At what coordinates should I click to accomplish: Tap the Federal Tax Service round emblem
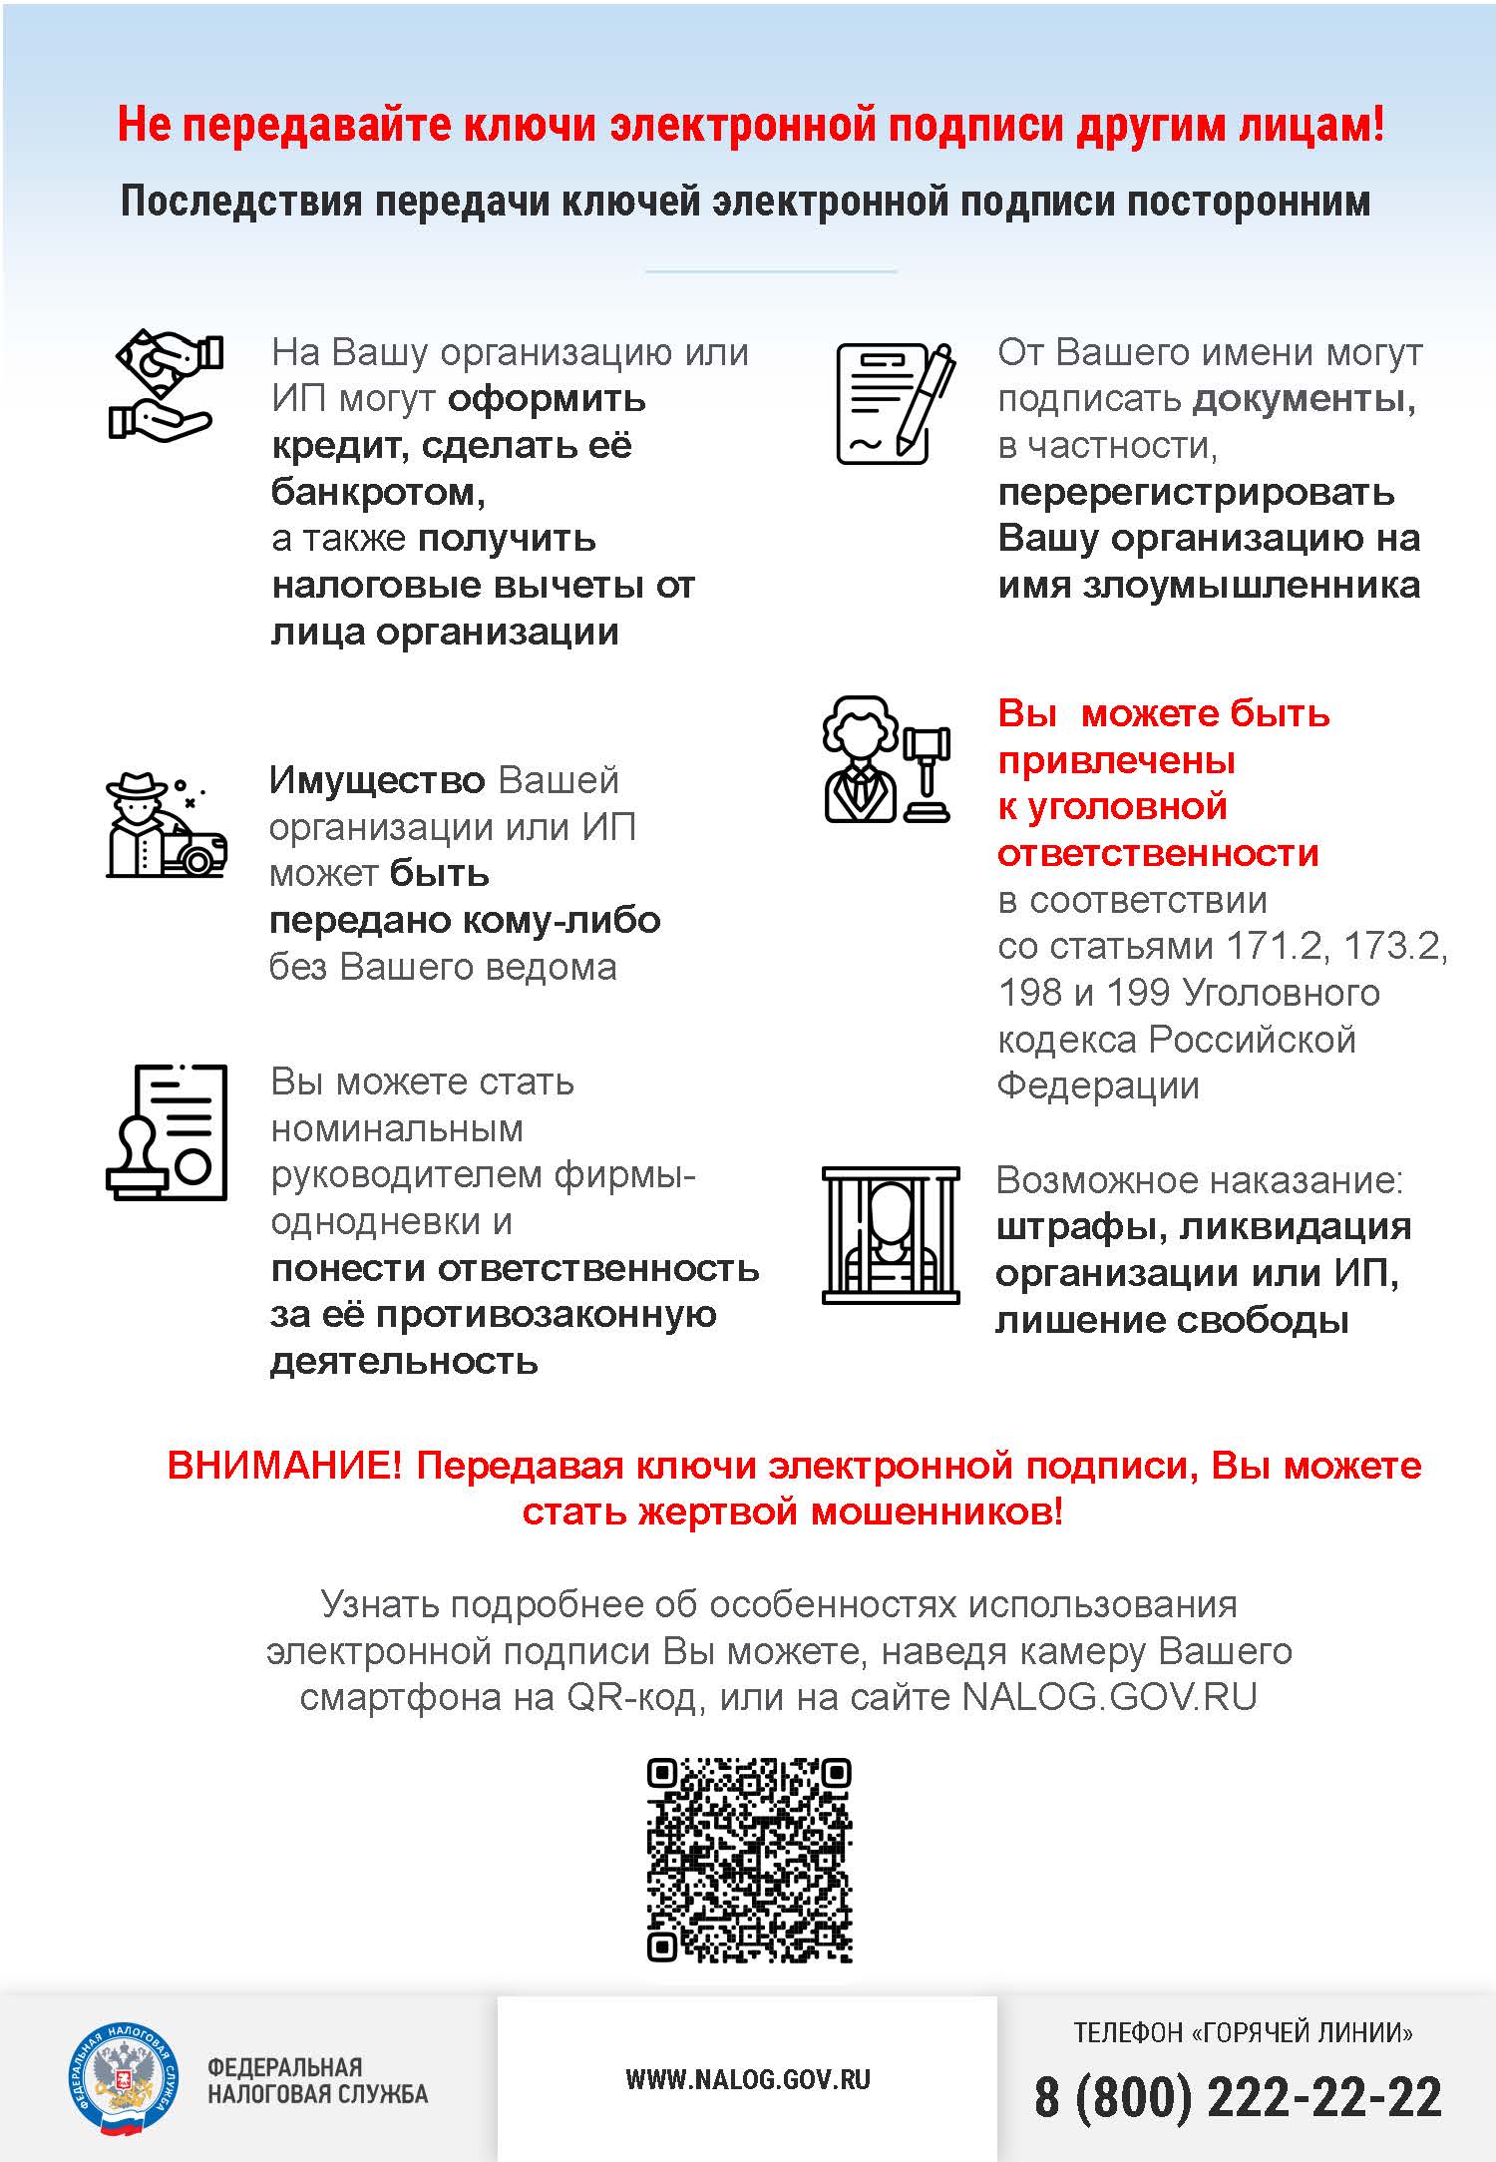123,2079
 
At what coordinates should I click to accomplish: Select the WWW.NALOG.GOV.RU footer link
748,2079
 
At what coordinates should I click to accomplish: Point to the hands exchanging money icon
164,385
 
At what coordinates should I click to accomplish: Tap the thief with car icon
166,825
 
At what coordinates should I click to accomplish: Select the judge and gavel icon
887,759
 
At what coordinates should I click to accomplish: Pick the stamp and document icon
167,1131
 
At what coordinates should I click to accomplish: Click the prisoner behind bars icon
890,1234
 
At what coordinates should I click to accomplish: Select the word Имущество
376,779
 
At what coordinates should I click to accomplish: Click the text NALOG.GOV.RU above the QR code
1109,1697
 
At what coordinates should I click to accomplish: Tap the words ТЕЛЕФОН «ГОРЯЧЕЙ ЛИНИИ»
1243,2032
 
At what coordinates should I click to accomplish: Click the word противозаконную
546,1314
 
